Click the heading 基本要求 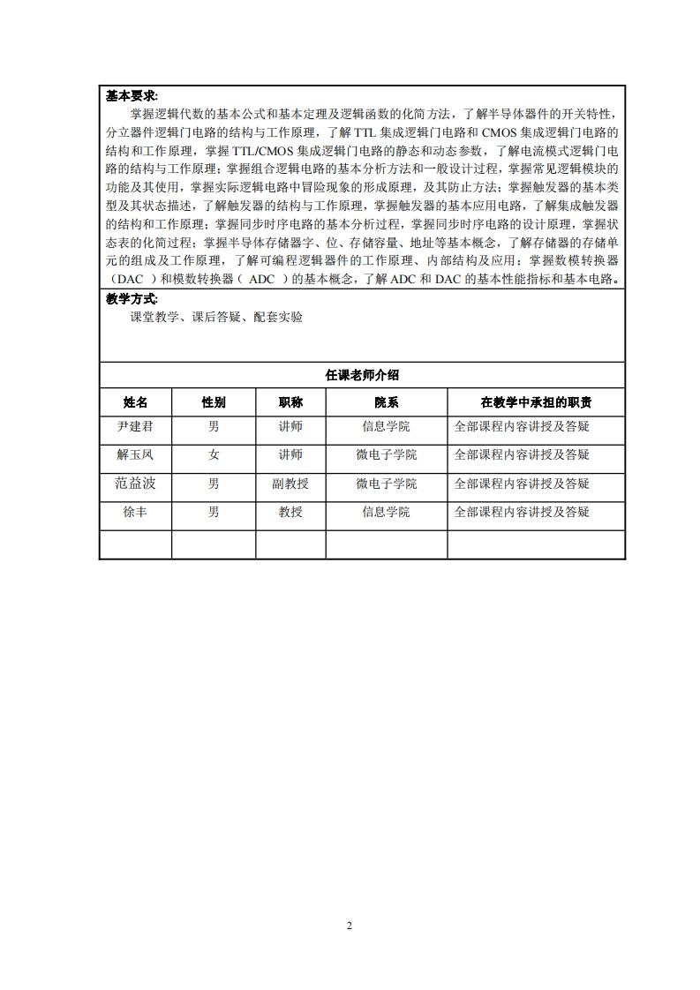132,96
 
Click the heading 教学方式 132,300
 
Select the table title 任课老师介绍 362,375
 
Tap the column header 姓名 135,402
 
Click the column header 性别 214,402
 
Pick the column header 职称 290,402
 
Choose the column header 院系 386,402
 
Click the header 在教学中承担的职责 536,402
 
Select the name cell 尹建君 135,426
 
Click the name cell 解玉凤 135,455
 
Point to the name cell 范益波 135,484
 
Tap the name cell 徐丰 135,512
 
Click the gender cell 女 214,455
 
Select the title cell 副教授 290,484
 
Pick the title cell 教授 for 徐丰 290,512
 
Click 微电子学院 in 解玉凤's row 386,455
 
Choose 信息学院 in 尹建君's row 386,426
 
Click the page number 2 350,926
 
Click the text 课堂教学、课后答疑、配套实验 216,318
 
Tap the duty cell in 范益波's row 522,484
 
